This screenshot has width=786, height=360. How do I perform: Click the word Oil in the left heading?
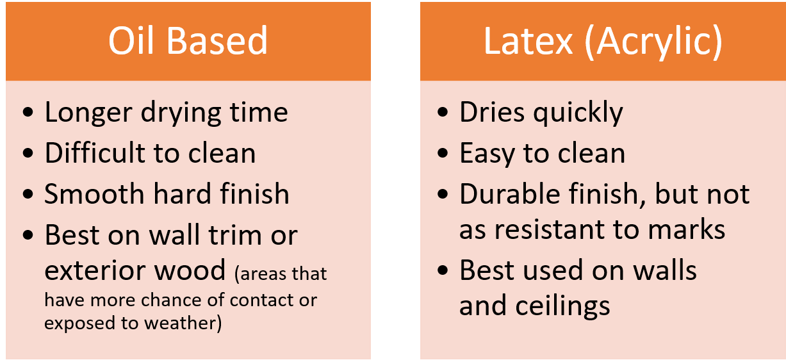pyautogui.click(x=131, y=41)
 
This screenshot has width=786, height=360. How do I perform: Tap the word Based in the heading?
pyautogui.click(x=217, y=41)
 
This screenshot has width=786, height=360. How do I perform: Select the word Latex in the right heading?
pyautogui.click(x=528, y=42)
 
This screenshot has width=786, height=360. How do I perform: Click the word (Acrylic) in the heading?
pyautogui.click(x=653, y=43)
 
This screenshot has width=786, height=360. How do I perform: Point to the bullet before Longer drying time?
pyautogui.click(x=28, y=112)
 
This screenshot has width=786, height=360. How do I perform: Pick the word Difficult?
pyautogui.click(x=95, y=152)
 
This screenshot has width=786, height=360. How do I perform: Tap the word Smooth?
pyautogui.click(x=94, y=193)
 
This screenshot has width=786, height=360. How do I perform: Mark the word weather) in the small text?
pyautogui.click(x=183, y=323)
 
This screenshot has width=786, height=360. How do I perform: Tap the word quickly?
pyautogui.click(x=578, y=113)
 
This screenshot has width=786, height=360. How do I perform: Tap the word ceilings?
pyautogui.click(x=562, y=306)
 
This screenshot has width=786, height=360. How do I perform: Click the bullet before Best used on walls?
pyautogui.click(x=443, y=270)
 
